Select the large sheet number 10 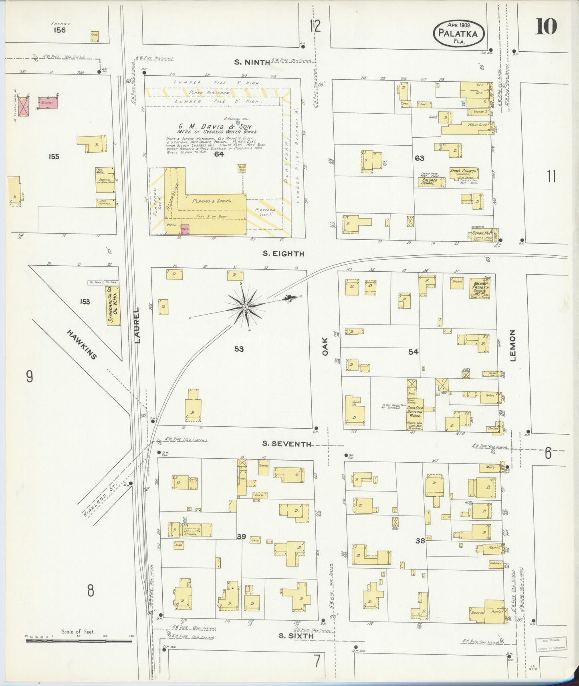coord(545,27)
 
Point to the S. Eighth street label coord(283,253)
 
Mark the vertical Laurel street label coord(137,325)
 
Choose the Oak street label coord(325,346)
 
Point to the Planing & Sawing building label coord(212,201)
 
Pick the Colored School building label coord(430,181)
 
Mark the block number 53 coord(239,349)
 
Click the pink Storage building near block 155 coord(48,102)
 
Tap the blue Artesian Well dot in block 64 coord(238,122)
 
